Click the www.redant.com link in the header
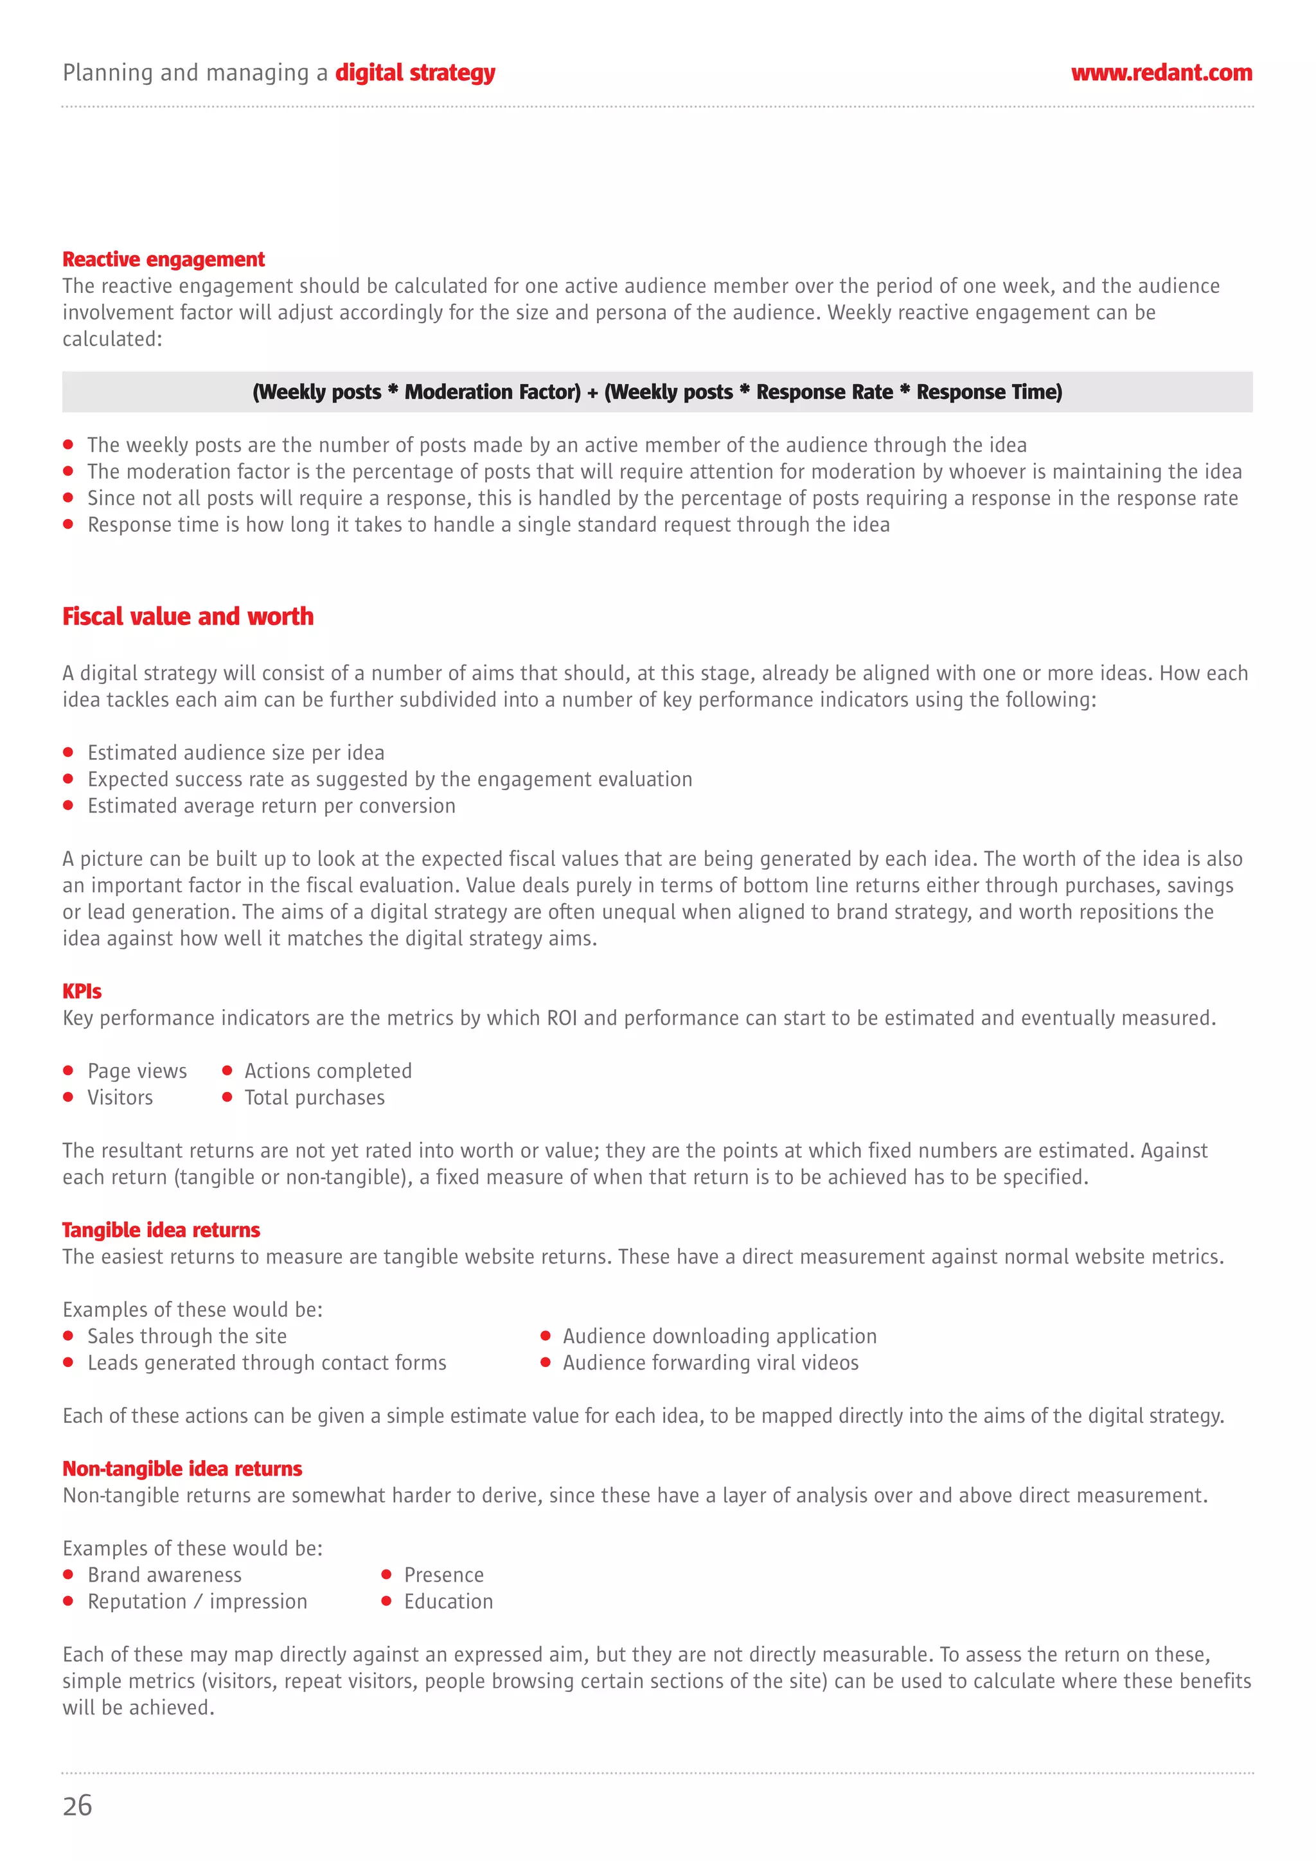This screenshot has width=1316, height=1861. pyautogui.click(x=1160, y=73)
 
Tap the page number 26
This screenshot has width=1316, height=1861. pyautogui.click(x=77, y=1805)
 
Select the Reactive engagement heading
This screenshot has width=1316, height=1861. pyautogui.click(x=163, y=260)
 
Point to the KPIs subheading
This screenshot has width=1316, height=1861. pyautogui.click(x=82, y=991)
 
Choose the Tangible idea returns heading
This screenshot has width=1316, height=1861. pyautogui.click(x=161, y=1230)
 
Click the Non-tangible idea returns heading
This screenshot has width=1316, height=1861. pyautogui.click(x=182, y=1468)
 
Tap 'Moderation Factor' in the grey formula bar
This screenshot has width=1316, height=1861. pyautogui.click(x=492, y=392)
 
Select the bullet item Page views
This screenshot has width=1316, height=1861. pyautogui.click(x=136, y=1071)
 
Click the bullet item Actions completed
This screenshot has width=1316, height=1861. pyautogui.click(x=328, y=1071)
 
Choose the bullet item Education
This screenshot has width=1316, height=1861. pyautogui.click(x=448, y=1601)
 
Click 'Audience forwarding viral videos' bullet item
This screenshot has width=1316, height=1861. pyautogui.click(x=709, y=1363)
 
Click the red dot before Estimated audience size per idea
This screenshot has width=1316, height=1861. pyautogui.click(x=68, y=752)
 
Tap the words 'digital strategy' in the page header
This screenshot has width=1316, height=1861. pyautogui.click(x=414, y=73)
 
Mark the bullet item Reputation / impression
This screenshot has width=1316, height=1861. pyautogui.click(x=197, y=1601)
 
